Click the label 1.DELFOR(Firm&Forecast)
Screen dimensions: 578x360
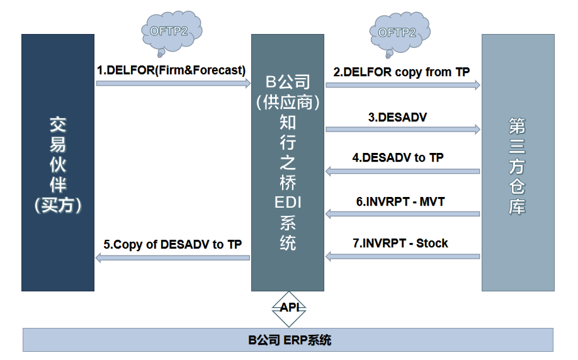pyautogui.click(x=171, y=70)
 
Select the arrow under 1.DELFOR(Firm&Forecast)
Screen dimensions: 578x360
pyautogui.click(x=173, y=83)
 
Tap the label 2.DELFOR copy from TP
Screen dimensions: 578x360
pyautogui.click(x=402, y=72)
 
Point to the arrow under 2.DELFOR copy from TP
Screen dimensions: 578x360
pyautogui.click(x=403, y=85)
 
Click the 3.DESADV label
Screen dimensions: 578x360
pyautogui.click(x=397, y=117)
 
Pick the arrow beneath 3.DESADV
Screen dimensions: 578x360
pyautogui.click(x=403, y=129)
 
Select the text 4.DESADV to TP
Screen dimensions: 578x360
pyautogui.click(x=398, y=158)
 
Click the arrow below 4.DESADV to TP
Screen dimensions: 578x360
pyautogui.click(x=403, y=171)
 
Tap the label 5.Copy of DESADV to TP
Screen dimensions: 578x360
pyautogui.click(x=173, y=244)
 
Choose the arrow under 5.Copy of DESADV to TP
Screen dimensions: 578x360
pyautogui.click(x=173, y=258)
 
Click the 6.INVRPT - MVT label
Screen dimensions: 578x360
pyautogui.click(x=400, y=201)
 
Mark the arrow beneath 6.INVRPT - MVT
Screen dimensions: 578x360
pyautogui.click(x=403, y=214)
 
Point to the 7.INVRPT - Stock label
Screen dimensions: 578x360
pyautogui.click(x=400, y=243)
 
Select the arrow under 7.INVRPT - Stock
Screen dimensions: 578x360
pyautogui.click(x=403, y=256)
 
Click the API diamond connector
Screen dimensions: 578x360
pyautogui.click(x=289, y=310)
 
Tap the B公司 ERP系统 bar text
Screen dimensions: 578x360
pyautogui.click(x=290, y=340)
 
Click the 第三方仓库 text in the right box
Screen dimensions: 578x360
pyautogui.click(x=517, y=166)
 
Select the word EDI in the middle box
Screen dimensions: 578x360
pyautogui.click(x=288, y=202)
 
